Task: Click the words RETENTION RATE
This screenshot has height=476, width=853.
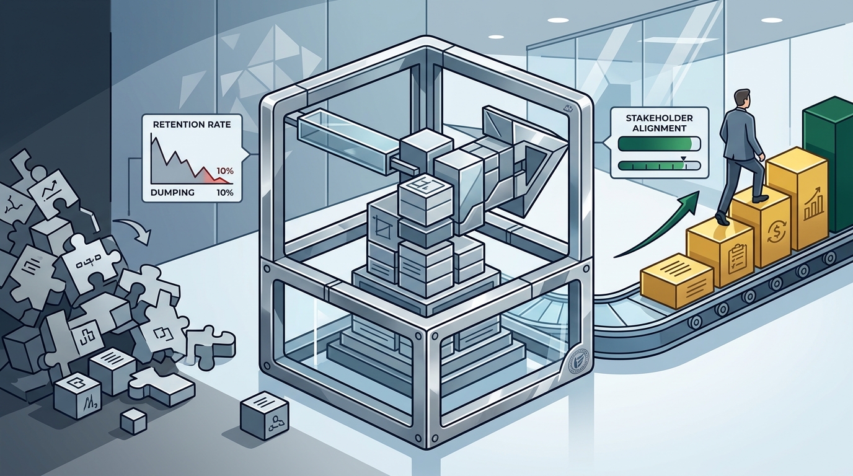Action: (192, 125)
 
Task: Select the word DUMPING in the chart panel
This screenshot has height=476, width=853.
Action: (172, 193)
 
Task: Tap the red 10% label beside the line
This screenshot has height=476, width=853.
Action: (224, 171)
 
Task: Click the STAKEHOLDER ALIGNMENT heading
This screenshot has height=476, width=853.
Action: (659, 123)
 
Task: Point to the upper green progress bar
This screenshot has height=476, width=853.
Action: (659, 144)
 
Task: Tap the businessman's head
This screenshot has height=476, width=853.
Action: (741, 99)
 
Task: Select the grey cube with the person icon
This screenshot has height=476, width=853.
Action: (264, 415)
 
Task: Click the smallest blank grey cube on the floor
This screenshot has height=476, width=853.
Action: (134, 421)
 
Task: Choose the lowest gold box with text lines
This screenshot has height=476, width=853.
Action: (677, 281)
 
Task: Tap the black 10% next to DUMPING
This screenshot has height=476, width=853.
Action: (224, 193)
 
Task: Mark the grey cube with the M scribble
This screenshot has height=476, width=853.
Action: (77, 399)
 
